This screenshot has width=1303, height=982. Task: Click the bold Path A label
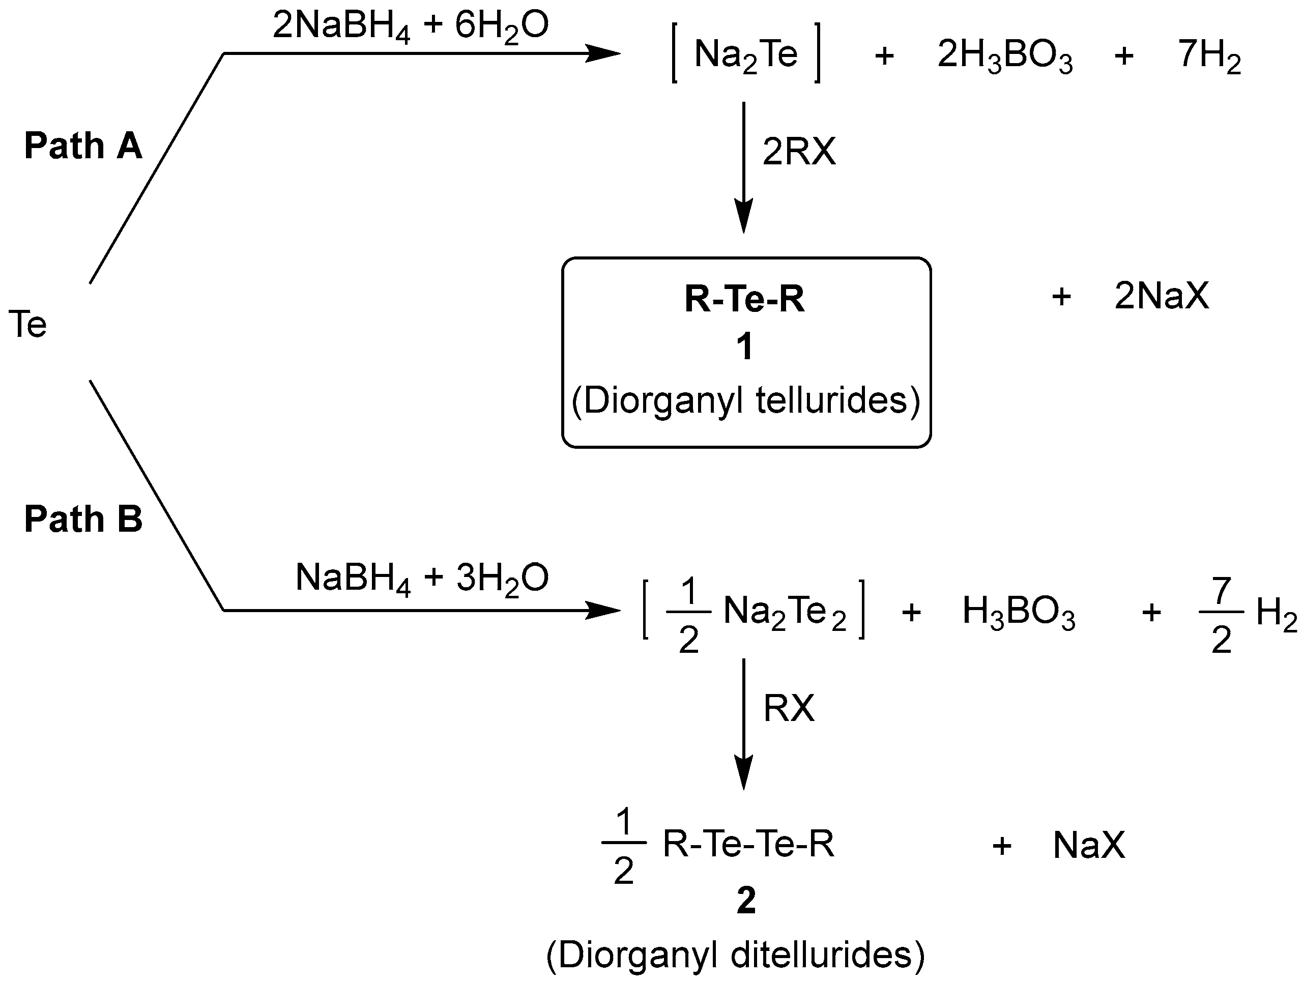pos(83,146)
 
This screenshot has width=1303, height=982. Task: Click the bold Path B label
pos(83,519)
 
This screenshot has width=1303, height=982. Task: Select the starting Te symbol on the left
pos(27,325)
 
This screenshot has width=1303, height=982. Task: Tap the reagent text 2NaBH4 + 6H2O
pos(411,27)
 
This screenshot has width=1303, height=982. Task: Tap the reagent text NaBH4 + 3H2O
pos(422,578)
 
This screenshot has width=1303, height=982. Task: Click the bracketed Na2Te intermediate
pos(746,54)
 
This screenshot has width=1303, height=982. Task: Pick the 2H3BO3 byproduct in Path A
pos(1005,55)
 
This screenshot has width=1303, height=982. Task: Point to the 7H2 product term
pos(1209,55)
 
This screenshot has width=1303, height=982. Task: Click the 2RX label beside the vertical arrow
pos(799,152)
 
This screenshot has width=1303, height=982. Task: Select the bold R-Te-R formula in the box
pos(744,299)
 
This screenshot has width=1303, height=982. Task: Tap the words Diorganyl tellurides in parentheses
pos(746,401)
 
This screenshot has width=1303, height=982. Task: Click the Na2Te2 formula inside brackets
pos(784,611)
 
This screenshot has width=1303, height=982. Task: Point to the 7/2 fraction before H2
pos(1221,615)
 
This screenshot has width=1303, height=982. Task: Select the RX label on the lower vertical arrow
pos(789,708)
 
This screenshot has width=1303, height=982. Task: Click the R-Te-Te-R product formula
pos(748,844)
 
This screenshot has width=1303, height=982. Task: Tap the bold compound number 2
pos(746,901)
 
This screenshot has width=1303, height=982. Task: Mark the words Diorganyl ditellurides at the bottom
pos(736,955)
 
